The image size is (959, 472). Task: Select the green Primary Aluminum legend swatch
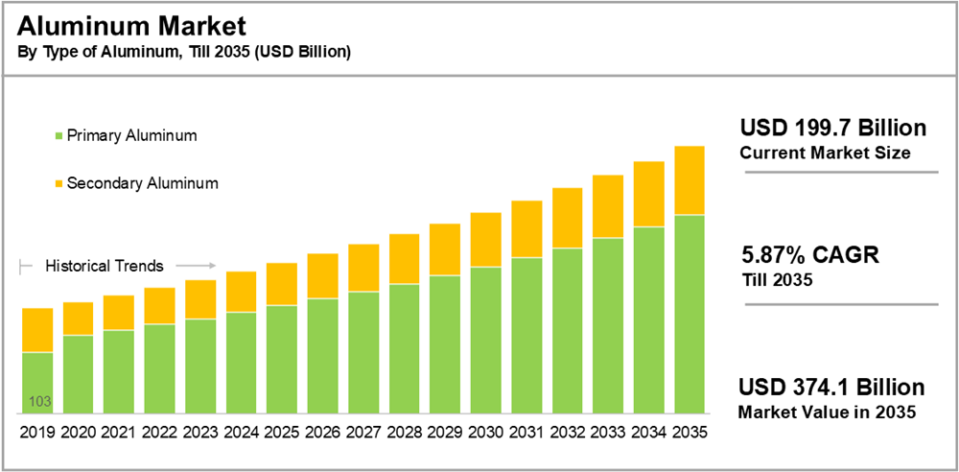[x=59, y=136]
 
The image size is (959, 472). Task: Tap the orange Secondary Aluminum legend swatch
[x=59, y=183]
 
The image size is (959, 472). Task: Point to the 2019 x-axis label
[x=37, y=433]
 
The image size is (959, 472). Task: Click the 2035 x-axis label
[x=690, y=433]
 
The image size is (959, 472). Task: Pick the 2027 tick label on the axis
[x=363, y=433]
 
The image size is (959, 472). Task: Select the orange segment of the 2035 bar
[x=690, y=180]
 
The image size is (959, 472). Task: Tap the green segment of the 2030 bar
[x=486, y=341]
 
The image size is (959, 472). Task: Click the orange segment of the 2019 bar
[x=37, y=330]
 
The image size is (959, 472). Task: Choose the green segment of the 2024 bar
[x=241, y=363]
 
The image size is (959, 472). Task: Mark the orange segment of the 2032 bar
[x=568, y=218]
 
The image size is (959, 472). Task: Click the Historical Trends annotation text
[x=105, y=266]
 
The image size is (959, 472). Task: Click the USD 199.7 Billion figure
[x=832, y=129]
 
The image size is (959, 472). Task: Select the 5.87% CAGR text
[x=810, y=256]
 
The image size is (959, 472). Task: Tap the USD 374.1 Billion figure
[x=831, y=388]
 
